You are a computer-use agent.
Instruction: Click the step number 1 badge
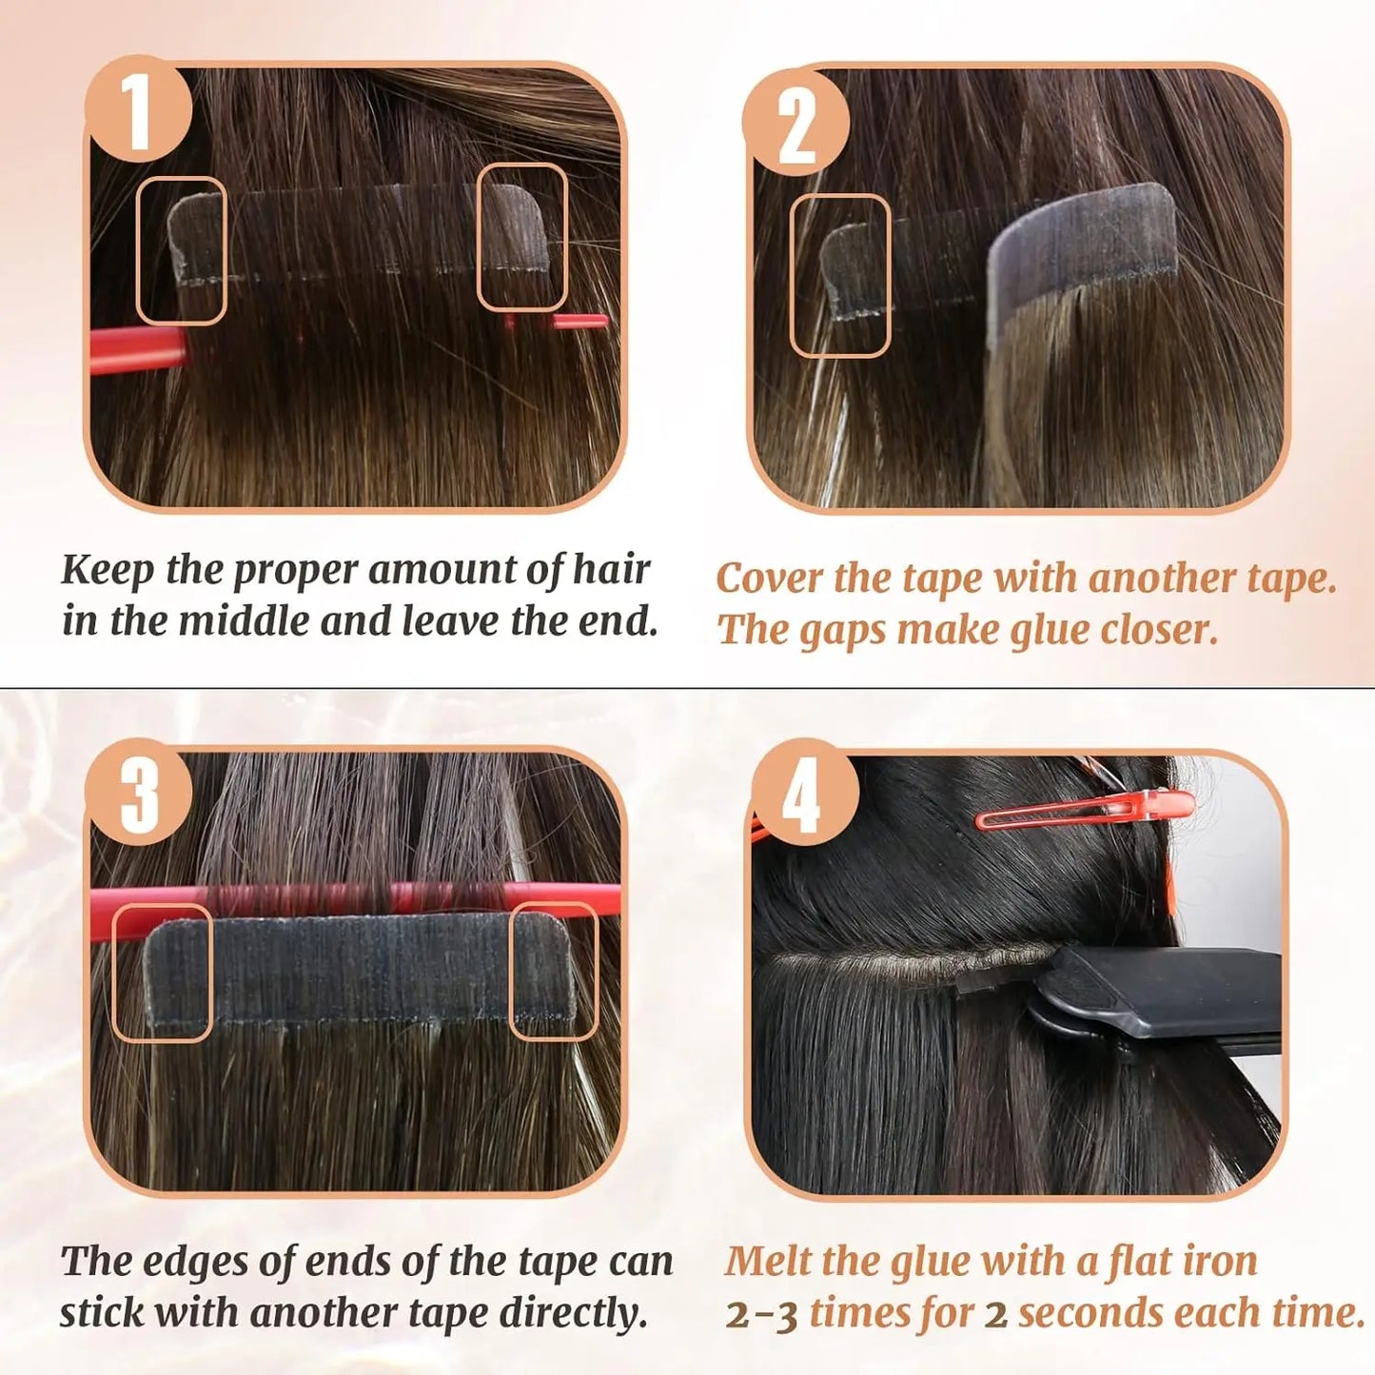click(139, 109)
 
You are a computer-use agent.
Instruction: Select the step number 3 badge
click(139, 792)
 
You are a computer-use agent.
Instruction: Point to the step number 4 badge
click(802, 792)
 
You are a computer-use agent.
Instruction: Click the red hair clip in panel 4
click(1085, 809)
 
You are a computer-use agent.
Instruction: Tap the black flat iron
click(1161, 999)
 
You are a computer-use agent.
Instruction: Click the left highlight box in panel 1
click(181, 249)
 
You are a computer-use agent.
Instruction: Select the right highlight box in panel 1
click(521, 237)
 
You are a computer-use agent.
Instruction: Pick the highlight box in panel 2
click(840, 275)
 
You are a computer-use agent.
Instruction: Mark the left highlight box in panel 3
click(162, 972)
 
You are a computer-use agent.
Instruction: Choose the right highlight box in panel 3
click(554, 970)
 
